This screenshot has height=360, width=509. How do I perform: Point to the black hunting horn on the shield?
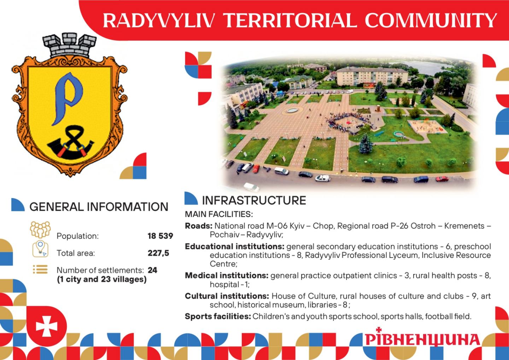coord(70,145)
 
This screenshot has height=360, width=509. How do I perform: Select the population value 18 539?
coord(160,236)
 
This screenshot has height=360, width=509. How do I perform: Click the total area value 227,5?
coord(158,253)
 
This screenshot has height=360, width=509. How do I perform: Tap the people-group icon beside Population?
coord(40,230)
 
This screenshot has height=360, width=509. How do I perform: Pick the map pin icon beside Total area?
coord(40,249)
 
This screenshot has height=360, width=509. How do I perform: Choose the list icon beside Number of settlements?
coord(40,269)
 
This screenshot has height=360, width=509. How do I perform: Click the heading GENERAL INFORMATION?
coord(99,207)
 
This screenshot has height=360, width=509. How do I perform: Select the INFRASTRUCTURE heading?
coord(254,200)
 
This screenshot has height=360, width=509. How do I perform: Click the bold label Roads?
coord(199,226)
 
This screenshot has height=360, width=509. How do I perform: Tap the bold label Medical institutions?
coord(227,275)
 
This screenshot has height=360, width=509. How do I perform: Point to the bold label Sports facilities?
coord(218,316)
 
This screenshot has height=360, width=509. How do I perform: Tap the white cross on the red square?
coord(47,326)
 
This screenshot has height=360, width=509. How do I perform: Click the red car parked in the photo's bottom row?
coord(442,179)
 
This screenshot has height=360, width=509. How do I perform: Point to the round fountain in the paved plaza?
coord(292,110)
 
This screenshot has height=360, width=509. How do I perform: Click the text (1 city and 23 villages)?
coord(102,279)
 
